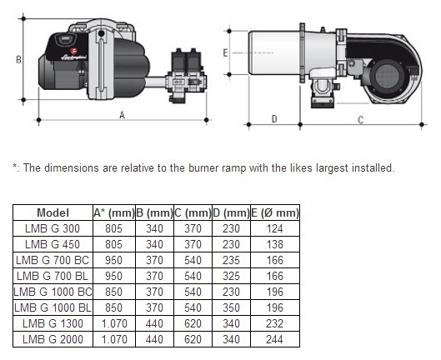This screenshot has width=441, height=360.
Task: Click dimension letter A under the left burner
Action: point(122,115)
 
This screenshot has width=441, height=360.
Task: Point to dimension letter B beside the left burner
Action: point(18,60)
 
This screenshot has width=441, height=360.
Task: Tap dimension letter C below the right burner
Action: point(361,120)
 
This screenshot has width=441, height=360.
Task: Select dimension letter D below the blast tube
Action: point(274,119)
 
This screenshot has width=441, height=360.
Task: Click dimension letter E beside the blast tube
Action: point(225,52)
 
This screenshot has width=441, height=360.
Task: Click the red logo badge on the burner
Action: point(74,51)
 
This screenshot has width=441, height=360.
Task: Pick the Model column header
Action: point(53,212)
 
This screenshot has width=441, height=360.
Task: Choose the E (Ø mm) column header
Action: point(275,212)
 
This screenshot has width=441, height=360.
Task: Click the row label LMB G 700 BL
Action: point(53,276)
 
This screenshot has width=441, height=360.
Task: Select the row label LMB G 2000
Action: point(53,339)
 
